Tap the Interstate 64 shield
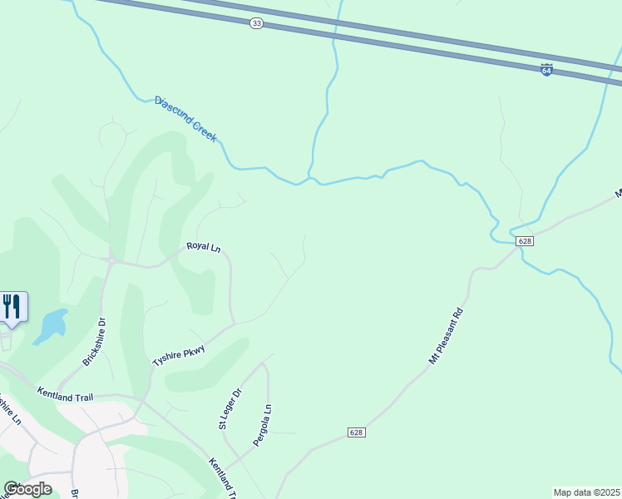pyautogui.click(x=546, y=70)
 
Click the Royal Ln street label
pyautogui.click(x=203, y=246)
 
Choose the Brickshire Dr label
pyautogui.click(x=95, y=342)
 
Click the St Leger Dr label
pyautogui.click(x=229, y=410)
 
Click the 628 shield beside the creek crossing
pyautogui.click(x=524, y=241)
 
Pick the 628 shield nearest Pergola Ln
pyautogui.click(x=356, y=432)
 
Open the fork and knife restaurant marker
pyautogui.click(x=12, y=306)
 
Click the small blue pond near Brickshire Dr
pyautogui.click(x=52, y=324)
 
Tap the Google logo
pyautogui.click(x=27, y=489)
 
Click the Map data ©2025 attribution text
pyautogui.click(x=586, y=492)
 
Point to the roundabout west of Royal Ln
pyautogui.click(x=111, y=260)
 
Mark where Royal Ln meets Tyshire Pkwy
pyautogui.click(x=233, y=323)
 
